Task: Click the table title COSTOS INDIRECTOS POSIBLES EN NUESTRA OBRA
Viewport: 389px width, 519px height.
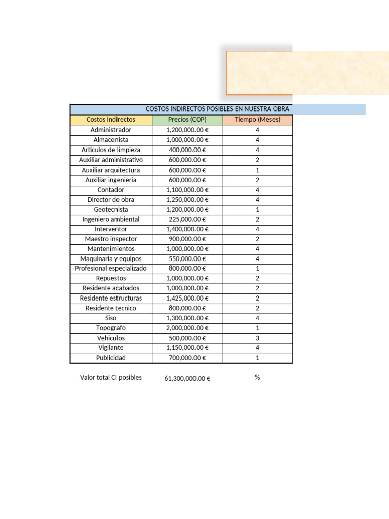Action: point(217,109)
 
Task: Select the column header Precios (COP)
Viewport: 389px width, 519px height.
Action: point(187,120)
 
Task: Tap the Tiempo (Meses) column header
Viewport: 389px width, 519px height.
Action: point(257,120)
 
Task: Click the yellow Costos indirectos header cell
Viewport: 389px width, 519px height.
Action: point(111,120)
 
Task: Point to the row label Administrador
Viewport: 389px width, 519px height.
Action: point(111,130)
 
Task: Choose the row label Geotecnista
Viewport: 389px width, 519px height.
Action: point(111,209)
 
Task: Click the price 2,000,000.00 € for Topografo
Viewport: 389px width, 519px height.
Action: point(187,328)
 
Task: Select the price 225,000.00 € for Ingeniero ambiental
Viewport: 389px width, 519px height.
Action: point(187,219)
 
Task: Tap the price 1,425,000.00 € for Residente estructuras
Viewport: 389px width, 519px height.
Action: point(187,298)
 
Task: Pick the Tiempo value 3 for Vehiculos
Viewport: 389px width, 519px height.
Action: point(257,338)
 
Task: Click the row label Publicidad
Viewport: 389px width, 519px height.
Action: point(111,358)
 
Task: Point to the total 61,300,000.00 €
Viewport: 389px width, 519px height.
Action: point(187,378)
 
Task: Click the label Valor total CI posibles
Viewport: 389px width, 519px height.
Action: point(111,377)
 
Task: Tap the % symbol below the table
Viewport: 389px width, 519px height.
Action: point(257,377)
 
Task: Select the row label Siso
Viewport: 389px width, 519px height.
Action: point(111,318)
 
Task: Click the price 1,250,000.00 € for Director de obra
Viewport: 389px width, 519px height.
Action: point(187,200)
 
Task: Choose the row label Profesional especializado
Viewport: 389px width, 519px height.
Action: point(111,268)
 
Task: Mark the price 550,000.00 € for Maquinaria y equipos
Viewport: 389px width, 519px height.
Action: point(187,258)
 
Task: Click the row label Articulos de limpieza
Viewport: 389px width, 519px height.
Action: point(111,150)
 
